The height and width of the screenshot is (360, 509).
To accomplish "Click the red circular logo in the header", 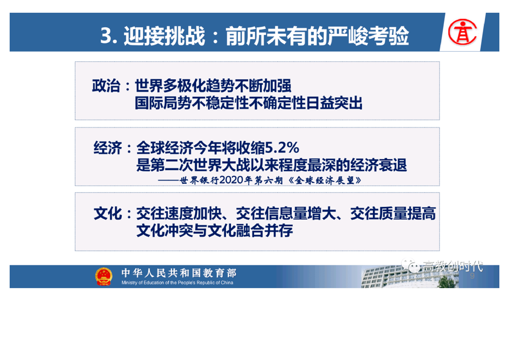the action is (462, 32).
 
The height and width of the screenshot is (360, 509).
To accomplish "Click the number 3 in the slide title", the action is (106, 35).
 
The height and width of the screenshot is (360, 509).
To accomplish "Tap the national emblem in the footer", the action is (103, 276).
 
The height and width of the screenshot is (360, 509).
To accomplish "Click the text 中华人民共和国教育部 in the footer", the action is (179, 272).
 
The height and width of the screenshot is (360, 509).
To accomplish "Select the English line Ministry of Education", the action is (177, 283).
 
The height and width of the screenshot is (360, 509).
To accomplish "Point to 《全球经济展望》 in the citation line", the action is (325, 180).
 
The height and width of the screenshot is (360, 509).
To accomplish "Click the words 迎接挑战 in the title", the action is (164, 35).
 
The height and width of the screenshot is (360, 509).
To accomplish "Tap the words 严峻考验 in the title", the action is (368, 35).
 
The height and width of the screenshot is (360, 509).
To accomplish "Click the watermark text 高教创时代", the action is (452, 266).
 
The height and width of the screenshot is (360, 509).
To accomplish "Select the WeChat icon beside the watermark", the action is (411, 266).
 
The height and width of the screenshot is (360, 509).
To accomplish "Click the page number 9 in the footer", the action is (472, 276).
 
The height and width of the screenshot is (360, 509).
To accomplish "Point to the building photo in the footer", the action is (410, 276).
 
